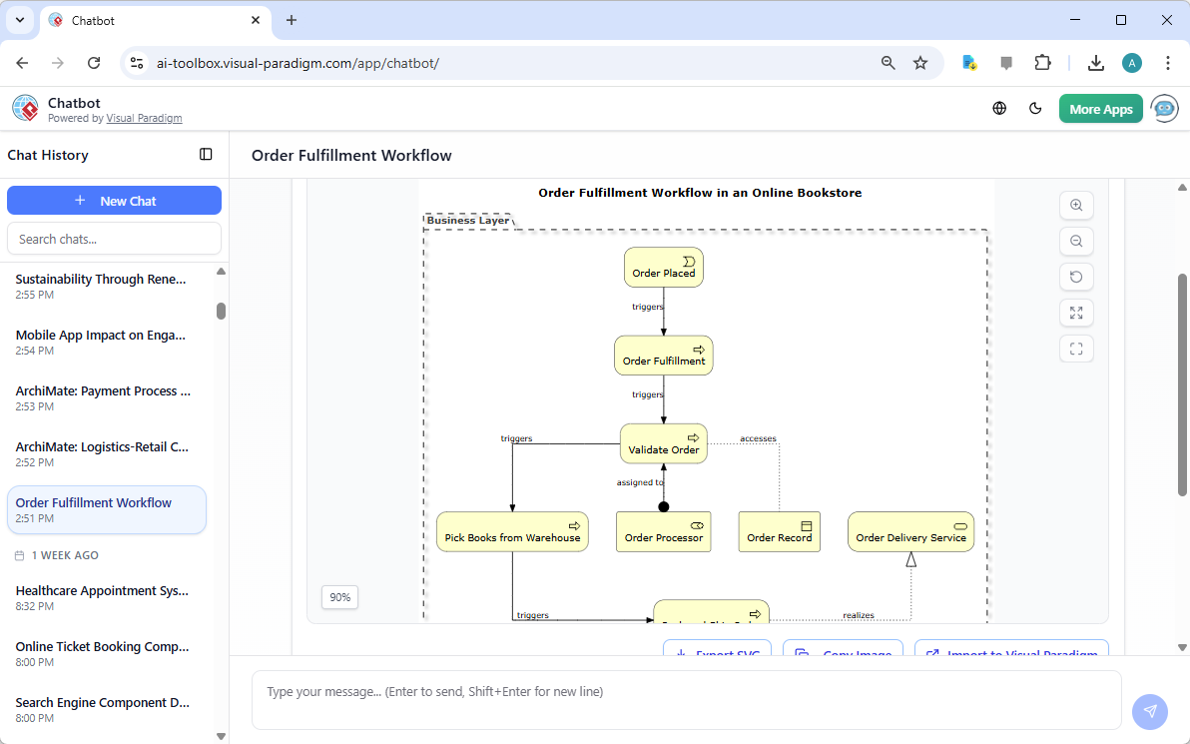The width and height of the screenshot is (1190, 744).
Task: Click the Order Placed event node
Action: tap(664, 268)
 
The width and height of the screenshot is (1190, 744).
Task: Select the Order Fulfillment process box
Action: tap(664, 356)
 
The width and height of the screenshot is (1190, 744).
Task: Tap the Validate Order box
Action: tap(664, 443)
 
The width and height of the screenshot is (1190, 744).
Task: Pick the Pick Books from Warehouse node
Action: tap(512, 532)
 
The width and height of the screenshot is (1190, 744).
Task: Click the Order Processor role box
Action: tap(664, 532)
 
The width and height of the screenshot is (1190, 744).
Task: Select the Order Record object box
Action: tap(780, 532)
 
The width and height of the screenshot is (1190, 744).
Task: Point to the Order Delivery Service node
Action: tap(910, 532)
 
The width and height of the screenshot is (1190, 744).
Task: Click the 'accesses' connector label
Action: tap(758, 438)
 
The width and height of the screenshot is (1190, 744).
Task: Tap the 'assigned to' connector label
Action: tap(640, 482)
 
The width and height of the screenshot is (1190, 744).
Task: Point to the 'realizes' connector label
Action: tap(859, 615)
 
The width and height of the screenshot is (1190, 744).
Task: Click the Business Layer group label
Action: tap(468, 221)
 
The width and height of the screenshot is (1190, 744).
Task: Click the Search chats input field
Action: tap(114, 239)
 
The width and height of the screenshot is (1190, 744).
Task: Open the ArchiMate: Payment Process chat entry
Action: tap(104, 391)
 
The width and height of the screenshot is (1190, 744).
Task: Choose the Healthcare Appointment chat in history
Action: tap(103, 591)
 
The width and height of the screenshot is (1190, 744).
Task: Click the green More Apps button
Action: tap(1100, 109)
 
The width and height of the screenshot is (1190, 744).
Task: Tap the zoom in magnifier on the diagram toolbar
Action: tap(1076, 205)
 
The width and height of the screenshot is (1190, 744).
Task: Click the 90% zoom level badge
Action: tap(340, 597)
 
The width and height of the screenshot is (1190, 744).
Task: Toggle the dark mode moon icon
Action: tap(1035, 109)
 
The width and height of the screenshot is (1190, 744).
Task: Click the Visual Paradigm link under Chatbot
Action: tap(144, 118)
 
